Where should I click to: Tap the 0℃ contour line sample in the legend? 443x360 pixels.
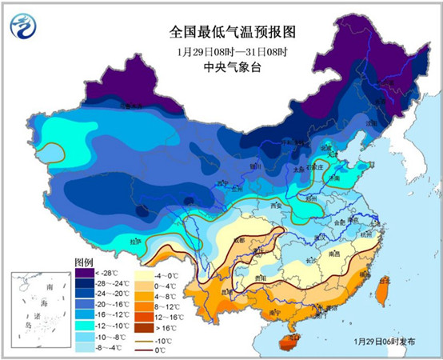(x=147, y=350)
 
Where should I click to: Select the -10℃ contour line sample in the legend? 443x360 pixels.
(x=147, y=339)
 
